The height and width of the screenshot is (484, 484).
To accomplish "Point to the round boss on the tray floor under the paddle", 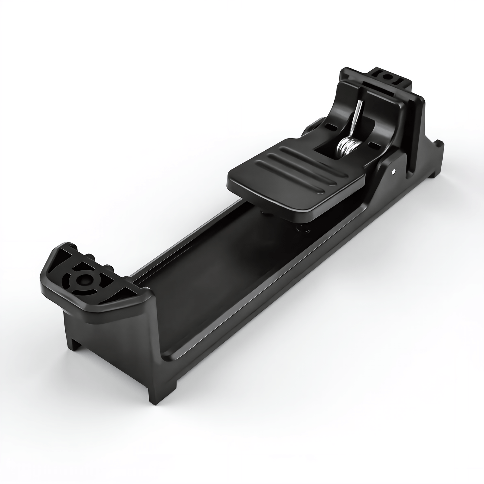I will pos(302,229).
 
